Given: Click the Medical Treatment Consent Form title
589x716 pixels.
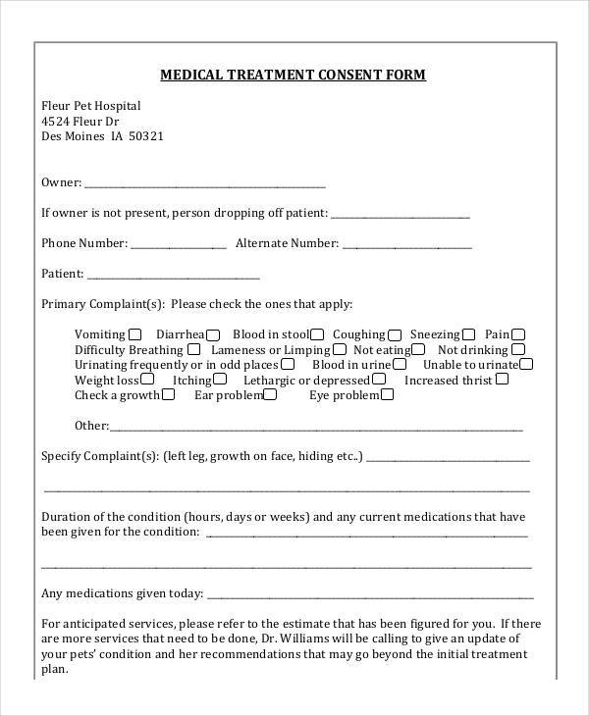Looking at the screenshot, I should click(294, 75).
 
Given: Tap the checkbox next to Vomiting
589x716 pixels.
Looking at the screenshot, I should click(134, 333).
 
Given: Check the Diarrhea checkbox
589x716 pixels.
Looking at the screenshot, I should click(213, 333).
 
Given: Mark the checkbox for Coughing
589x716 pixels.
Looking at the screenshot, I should click(395, 333).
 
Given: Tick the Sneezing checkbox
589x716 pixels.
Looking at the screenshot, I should click(469, 333).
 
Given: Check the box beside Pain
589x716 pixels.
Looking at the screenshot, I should click(518, 333).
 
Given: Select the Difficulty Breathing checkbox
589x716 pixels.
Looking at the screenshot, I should click(194, 349).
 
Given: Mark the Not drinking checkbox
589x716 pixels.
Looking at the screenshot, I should click(519, 349).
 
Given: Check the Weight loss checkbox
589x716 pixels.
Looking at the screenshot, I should click(147, 380).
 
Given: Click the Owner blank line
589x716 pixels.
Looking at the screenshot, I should click(205, 183).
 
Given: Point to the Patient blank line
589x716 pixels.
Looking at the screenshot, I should click(174, 276).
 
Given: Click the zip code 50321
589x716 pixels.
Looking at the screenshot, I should click(145, 136).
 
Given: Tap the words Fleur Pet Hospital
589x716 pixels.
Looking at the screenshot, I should click(91, 106).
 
